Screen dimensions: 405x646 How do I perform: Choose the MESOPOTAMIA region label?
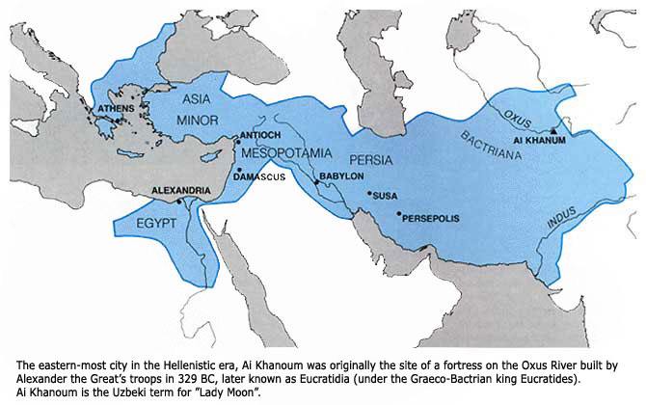[285, 154]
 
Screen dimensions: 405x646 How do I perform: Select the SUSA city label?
[385, 196]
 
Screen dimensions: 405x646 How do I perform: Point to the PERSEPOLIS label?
[431, 217]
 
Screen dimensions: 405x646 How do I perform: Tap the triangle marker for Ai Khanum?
[552, 130]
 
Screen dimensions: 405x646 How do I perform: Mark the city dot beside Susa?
[368, 193]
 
